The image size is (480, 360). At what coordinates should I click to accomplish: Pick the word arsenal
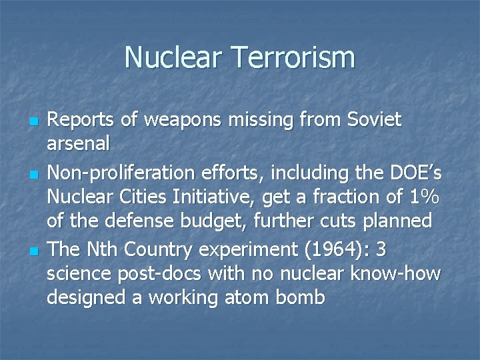[x=78, y=143]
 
